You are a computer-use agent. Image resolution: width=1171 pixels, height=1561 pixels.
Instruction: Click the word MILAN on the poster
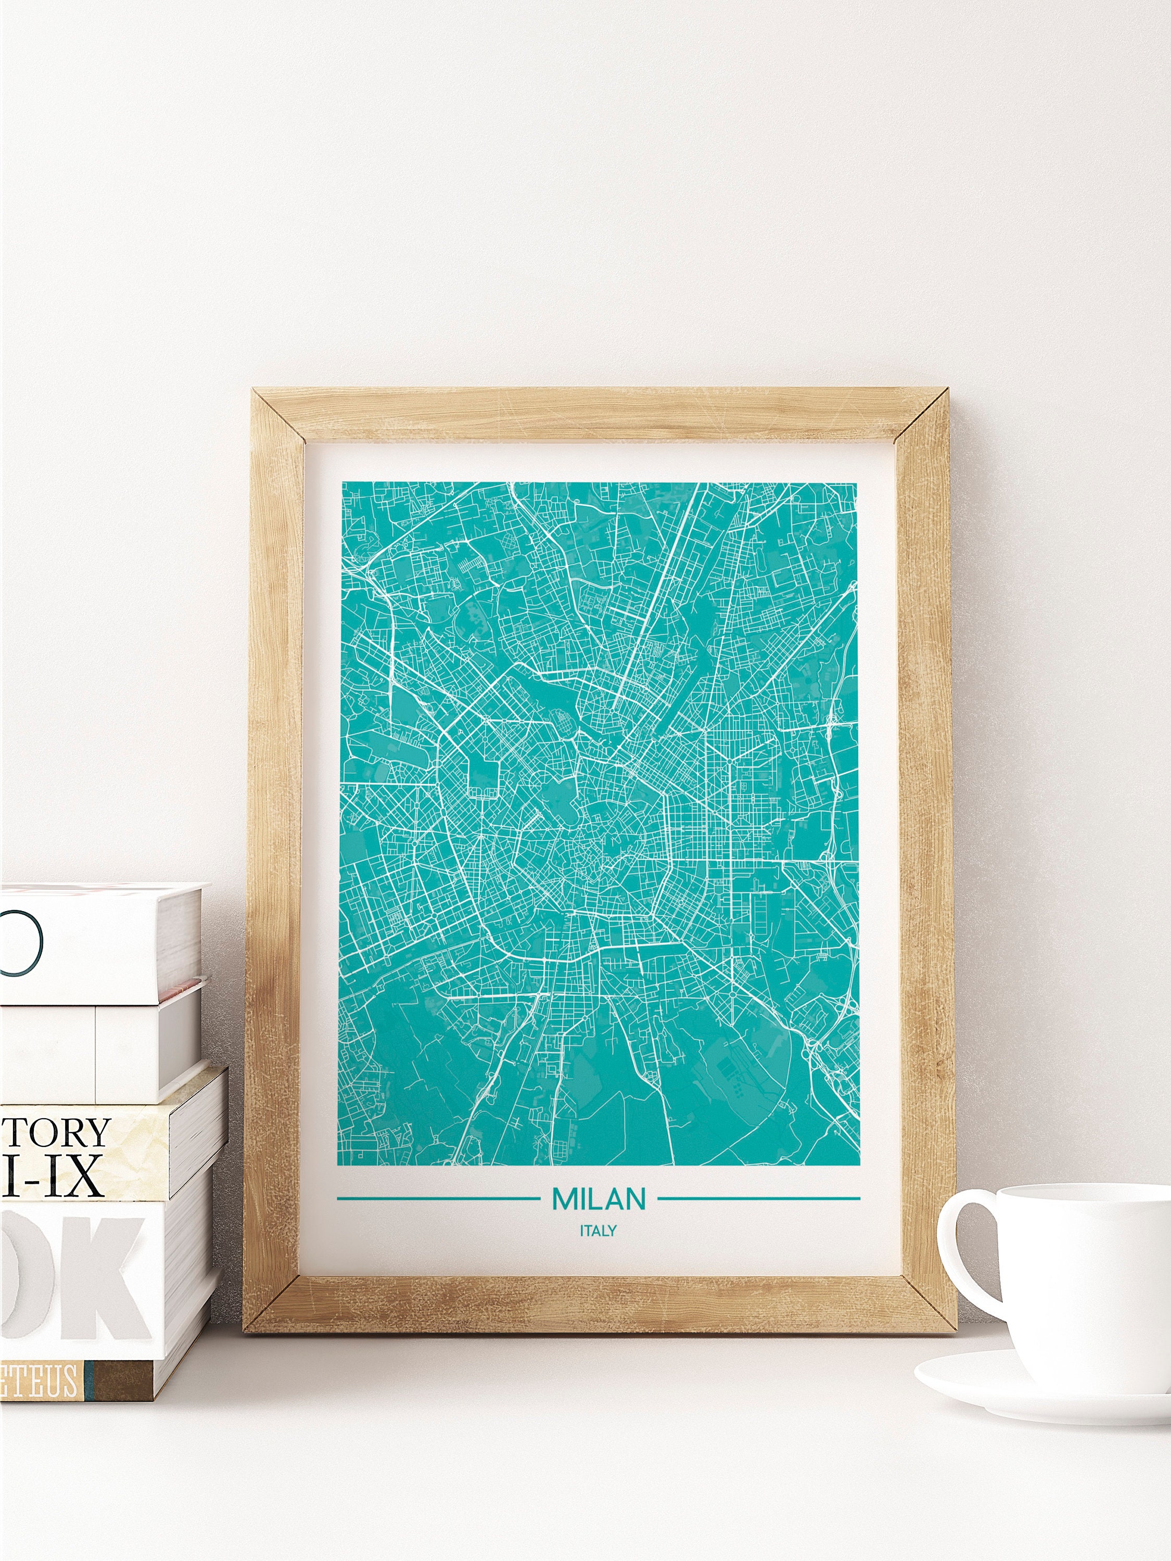[x=599, y=1198]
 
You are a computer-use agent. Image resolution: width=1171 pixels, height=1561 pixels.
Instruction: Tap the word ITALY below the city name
[x=599, y=1230]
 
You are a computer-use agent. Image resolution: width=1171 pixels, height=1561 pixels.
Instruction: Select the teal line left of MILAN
[x=438, y=1198]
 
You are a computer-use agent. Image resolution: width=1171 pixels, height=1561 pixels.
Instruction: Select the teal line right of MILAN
[x=759, y=1198]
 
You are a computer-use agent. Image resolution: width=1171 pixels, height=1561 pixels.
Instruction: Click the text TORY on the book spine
[x=56, y=1133]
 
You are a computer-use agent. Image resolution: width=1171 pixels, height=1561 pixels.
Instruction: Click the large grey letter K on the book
[x=106, y=1270]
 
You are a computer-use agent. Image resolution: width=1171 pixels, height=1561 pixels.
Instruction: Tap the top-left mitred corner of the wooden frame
[x=279, y=416]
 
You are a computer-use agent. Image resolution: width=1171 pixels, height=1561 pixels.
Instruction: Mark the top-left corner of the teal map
[x=343, y=483]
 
